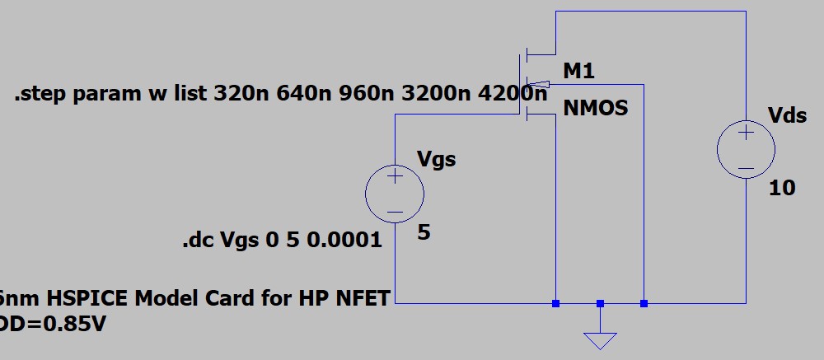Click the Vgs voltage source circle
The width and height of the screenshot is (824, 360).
click(395, 194)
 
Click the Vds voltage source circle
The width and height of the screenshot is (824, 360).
click(746, 150)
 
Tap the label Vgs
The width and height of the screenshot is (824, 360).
click(437, 159)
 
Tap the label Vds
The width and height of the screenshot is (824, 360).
click(788, 115)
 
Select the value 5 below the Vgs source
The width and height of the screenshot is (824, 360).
click(424, 233)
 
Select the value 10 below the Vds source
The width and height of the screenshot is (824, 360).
click(782, 189)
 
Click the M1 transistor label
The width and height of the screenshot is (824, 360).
click(578, 72)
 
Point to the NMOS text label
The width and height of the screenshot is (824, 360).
click(596, 108)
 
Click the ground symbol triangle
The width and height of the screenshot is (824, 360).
click(600, 339)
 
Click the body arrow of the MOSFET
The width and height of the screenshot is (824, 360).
click(536, 83)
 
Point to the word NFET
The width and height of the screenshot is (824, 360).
click(363, 298)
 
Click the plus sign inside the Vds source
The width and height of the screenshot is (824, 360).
click(746, 133)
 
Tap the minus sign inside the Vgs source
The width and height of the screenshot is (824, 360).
click(395, 211)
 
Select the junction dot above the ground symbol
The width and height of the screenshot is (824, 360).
click(600, 303)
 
